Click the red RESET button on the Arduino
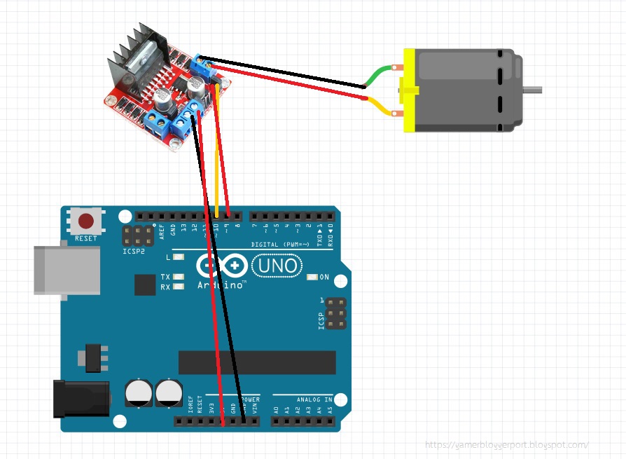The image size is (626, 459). pos(86,222)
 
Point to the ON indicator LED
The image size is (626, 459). pos(312,278)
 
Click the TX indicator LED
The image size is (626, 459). pos(179,277)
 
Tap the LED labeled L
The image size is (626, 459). pos(179,258)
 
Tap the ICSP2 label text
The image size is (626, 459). pos(132,250)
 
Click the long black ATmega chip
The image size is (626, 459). pos(258,362)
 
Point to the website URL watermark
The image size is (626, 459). pos(507,444)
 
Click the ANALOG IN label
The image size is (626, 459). pos(314,399)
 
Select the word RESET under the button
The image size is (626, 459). pos(86,238)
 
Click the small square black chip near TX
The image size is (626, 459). pos(145,284)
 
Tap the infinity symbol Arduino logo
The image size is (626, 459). pos(222,266)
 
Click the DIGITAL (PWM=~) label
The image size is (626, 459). pos(281,245)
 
